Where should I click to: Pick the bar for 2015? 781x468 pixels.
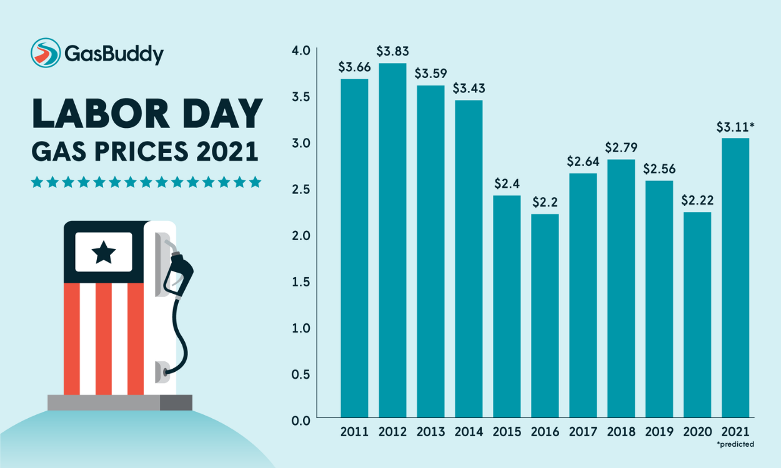click(507, 306)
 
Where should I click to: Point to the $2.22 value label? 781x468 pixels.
click(697, 201)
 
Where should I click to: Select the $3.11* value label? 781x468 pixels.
click(736, 127)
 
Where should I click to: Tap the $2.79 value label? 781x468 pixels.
click(621, 149)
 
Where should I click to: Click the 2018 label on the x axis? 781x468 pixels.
click(621, 432)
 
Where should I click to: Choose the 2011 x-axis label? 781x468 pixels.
click(354, 432)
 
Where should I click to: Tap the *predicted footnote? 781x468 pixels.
click(735, 445)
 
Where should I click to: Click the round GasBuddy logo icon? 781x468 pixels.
click(46, 53)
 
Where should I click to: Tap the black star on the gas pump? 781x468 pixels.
click(103, 252)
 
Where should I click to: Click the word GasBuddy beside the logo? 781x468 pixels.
click(114, 54)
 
